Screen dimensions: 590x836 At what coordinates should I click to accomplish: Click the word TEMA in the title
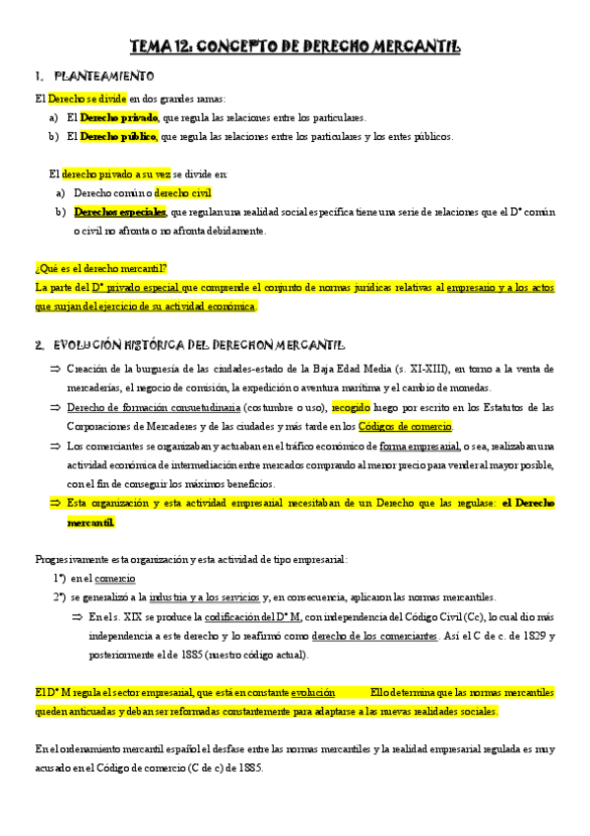point(154,45)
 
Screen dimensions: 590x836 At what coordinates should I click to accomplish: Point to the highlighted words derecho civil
point(183,193)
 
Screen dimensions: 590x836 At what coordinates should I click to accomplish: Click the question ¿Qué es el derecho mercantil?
point(101,268)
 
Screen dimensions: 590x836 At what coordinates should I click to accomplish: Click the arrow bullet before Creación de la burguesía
point(55,368)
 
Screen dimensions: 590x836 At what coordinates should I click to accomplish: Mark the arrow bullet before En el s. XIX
point(78,617)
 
